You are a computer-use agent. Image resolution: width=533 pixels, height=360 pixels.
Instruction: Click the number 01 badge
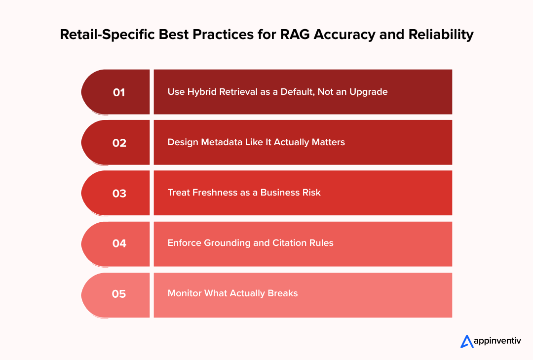pos(119,92)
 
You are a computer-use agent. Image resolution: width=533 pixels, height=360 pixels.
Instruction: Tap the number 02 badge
pos(119,143)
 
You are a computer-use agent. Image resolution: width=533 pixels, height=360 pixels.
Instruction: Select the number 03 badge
pos(119,194)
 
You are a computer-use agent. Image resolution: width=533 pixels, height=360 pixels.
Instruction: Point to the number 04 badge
pos(119,243)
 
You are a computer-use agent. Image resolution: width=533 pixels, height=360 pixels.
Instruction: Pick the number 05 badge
pos(119,294)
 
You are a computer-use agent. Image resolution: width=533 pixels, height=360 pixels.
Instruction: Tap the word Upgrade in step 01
pos(368,92)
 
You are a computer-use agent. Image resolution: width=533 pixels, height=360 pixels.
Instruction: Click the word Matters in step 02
pos(328,142)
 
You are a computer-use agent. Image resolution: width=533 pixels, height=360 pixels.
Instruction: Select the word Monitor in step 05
pos(184,293)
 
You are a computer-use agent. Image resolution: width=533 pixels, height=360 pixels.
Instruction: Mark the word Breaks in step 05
pos(283,293)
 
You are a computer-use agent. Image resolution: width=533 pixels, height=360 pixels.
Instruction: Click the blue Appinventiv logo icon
pos(467,341)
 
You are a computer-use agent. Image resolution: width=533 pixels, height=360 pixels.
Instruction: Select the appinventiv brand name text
pos(497,341)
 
